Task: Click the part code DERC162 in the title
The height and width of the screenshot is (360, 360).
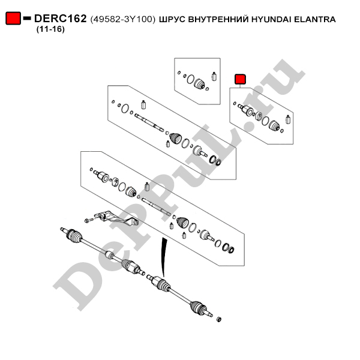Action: point(60,19)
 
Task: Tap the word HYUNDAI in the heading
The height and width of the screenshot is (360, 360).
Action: point(271,19)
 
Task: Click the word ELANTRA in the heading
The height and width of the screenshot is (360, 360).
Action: point(315,19)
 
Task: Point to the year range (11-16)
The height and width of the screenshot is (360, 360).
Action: point(50,29)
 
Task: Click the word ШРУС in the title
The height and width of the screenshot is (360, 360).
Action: point(172,20)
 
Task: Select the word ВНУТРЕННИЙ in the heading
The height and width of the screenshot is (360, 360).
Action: point(218,19)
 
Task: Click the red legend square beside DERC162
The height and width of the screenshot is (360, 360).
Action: point(13,18)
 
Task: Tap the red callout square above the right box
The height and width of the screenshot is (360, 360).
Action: point(240,79)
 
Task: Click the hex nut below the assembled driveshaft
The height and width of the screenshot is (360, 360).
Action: point(219,319)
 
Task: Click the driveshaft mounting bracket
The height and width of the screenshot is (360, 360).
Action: point(116,218)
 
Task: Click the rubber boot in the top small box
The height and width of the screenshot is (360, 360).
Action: point(199,84)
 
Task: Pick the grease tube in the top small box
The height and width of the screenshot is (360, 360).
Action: point(214,76)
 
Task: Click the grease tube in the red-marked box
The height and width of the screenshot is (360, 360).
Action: point(288,119)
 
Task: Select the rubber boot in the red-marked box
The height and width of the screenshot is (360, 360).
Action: point(274,126)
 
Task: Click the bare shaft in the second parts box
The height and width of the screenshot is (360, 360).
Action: point(149,123)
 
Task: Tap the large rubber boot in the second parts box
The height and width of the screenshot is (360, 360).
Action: point(176,139)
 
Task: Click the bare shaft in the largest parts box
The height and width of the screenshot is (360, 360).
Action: point(157,206)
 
